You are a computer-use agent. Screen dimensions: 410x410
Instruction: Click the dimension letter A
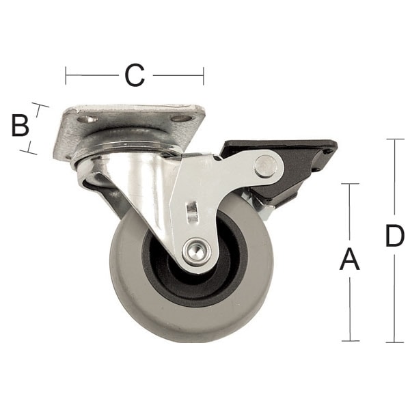350,260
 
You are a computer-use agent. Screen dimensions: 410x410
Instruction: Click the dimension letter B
20,126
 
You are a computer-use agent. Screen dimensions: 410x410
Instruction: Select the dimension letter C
135,75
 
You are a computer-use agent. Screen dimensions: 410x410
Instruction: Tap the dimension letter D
395,236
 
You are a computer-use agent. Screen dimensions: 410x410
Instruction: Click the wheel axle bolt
196,251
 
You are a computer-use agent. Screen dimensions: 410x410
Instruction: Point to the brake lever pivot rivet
266,167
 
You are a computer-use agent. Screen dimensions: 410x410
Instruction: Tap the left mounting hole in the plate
88,120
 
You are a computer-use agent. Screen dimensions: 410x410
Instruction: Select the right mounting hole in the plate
181,119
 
